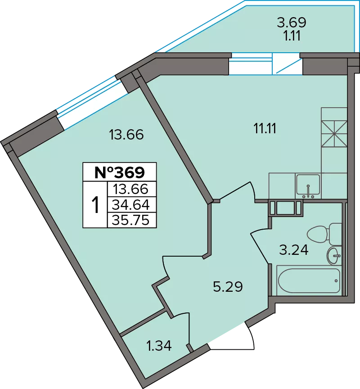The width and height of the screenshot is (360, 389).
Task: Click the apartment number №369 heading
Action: (120, 172)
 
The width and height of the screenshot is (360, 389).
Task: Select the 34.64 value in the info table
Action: (131, 205)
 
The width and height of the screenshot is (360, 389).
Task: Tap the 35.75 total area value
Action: (130, 220)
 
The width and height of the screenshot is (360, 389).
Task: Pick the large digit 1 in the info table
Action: (95, 204)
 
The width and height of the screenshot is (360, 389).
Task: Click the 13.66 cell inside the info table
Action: (130, 189)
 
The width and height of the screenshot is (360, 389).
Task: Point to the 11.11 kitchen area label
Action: (265, 128)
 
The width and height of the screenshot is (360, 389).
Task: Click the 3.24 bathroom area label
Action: (294, 250)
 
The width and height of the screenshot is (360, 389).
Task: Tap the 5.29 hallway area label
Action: (228, 287)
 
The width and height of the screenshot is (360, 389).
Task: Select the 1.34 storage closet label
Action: (159, 346)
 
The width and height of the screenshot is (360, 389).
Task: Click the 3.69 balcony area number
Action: (292, 23)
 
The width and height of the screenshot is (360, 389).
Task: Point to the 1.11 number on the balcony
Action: (292, 36)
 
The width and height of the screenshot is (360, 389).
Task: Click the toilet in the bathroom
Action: (324, 234)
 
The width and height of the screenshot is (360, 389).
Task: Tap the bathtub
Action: (309, 280)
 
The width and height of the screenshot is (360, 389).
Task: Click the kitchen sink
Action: (308, 185)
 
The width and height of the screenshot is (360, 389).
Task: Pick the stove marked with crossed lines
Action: (334, 133)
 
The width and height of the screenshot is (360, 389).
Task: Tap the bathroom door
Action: (260, 247)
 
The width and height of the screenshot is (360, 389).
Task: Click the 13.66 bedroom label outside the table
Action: (126, 135)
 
